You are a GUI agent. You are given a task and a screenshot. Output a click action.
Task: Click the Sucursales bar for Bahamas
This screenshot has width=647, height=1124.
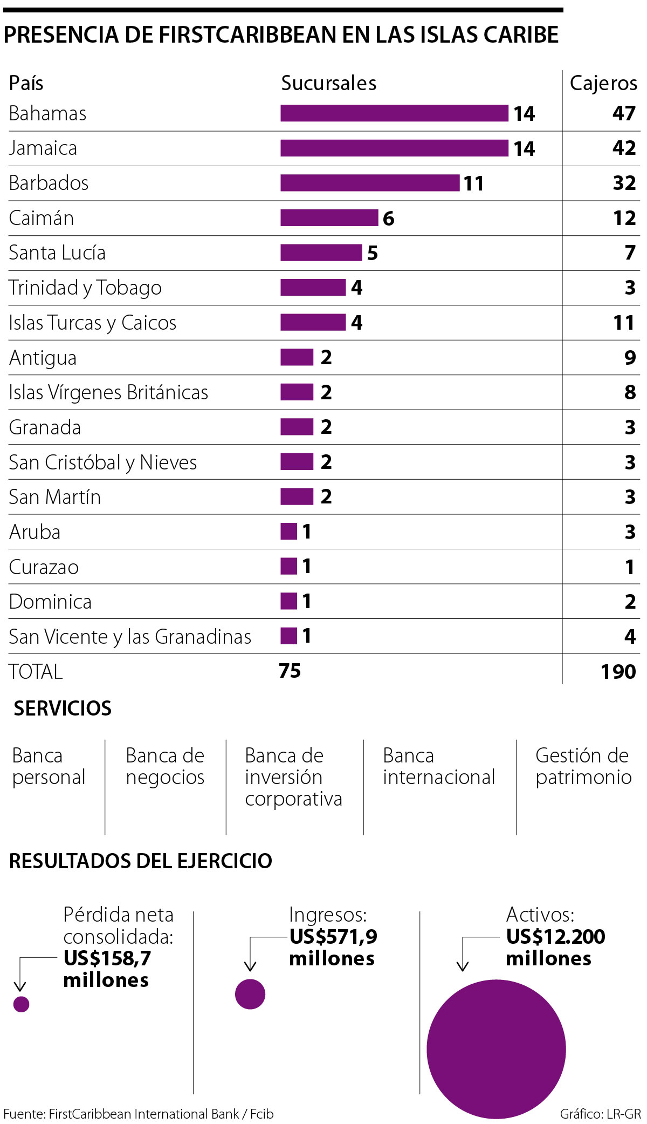point(394,113)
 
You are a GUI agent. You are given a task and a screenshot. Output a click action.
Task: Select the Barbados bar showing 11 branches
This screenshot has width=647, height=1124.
point(370,183)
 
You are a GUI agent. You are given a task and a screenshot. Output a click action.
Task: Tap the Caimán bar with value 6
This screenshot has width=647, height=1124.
point(329,218)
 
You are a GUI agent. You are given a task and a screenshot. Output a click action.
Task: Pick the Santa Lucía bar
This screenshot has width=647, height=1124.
point(321,253)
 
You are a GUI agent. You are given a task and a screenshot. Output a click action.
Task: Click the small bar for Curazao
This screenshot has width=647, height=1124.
point(288,567)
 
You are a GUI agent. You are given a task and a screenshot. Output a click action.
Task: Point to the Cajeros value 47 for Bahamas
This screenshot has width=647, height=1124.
point(624,113)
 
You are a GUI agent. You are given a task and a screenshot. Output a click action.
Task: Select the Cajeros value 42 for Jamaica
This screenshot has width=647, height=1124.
point(624,148)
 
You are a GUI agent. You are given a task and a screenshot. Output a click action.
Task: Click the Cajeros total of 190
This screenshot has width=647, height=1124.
point(618,671)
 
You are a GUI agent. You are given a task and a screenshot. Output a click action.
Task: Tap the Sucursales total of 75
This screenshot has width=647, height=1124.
point(290,671)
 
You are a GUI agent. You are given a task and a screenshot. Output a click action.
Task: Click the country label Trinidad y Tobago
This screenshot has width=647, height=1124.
point(85,288)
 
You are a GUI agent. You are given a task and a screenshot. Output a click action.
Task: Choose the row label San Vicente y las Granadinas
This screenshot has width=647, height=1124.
point(130,637)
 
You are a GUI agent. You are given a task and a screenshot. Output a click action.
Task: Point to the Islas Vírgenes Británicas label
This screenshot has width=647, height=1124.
point(108,392)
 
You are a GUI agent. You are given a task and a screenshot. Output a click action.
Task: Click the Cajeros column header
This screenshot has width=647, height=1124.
point(603,83)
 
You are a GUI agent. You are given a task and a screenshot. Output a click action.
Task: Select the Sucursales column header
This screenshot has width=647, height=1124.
point(329,83)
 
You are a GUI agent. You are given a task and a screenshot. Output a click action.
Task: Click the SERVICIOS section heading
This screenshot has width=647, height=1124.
point(63,708)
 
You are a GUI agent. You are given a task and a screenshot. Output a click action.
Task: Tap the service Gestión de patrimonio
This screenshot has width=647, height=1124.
point(583,766)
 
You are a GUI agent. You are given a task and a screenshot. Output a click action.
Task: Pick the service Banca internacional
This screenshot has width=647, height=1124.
point(438,766)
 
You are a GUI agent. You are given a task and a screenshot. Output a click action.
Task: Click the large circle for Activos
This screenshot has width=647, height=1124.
point(496,1049)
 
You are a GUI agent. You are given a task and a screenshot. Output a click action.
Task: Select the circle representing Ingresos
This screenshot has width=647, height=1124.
point(250,994)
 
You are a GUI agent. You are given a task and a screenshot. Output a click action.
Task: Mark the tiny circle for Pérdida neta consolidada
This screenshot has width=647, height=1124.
point(21,1004)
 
